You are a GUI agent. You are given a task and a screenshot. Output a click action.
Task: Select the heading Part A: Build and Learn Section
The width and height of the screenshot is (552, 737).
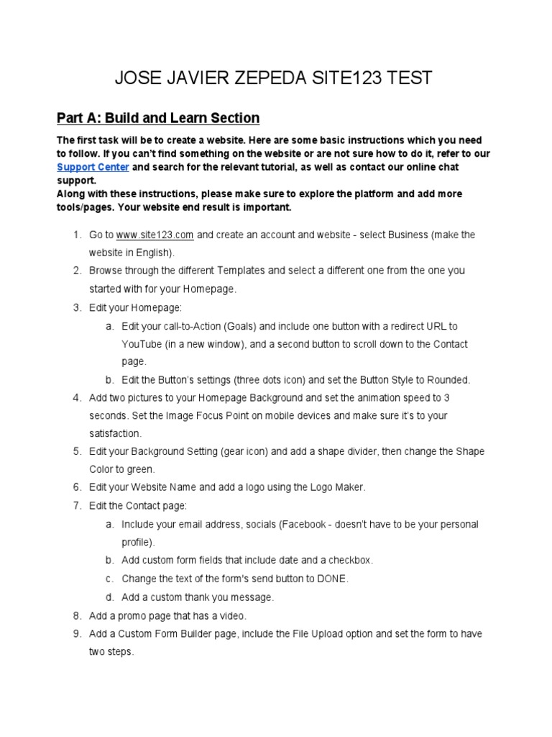(x=158, y=118)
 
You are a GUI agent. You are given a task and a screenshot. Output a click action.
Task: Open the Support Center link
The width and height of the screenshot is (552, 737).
(x=93, y=167)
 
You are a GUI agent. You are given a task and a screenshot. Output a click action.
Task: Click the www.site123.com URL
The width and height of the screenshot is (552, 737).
(x=155, y=235)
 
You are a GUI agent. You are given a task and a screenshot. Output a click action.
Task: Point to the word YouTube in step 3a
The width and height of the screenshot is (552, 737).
(x=142, y=344)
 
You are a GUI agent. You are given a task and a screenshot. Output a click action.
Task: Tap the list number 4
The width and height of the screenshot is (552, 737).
(x=76, y=398)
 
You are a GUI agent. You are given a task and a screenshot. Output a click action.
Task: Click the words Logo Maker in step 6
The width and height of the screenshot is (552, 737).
(x=340, y=487)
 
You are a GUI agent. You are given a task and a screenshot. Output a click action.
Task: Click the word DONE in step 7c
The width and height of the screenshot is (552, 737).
(x=333, y=579)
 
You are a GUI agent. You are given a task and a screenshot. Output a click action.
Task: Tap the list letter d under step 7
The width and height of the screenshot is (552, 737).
(x=109, y=597)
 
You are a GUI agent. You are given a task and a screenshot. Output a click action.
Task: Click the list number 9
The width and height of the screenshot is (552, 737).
(x=76, y=634)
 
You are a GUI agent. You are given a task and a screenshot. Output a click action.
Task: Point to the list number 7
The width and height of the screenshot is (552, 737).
(x=76, y=506)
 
